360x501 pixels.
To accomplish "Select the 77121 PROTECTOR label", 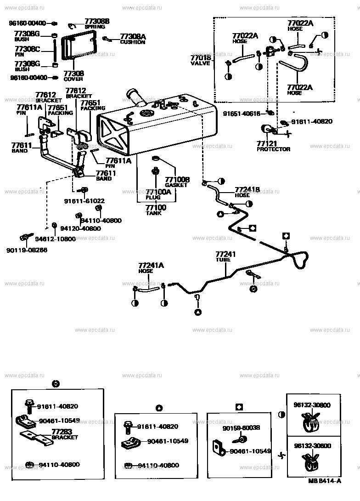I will [x=273, y=146].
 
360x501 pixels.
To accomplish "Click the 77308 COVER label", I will [x=74, y=75].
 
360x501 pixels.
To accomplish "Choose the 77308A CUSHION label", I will [x=132, y=39].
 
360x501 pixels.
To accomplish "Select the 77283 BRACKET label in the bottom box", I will [x=64, y=434].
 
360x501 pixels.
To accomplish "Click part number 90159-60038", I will [x=241, y=427].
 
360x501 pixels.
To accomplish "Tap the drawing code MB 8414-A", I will [x=325, y=481].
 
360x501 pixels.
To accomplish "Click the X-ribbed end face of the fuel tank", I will [x=114, y=131].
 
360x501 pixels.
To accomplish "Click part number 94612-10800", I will [x=55, y=239].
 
